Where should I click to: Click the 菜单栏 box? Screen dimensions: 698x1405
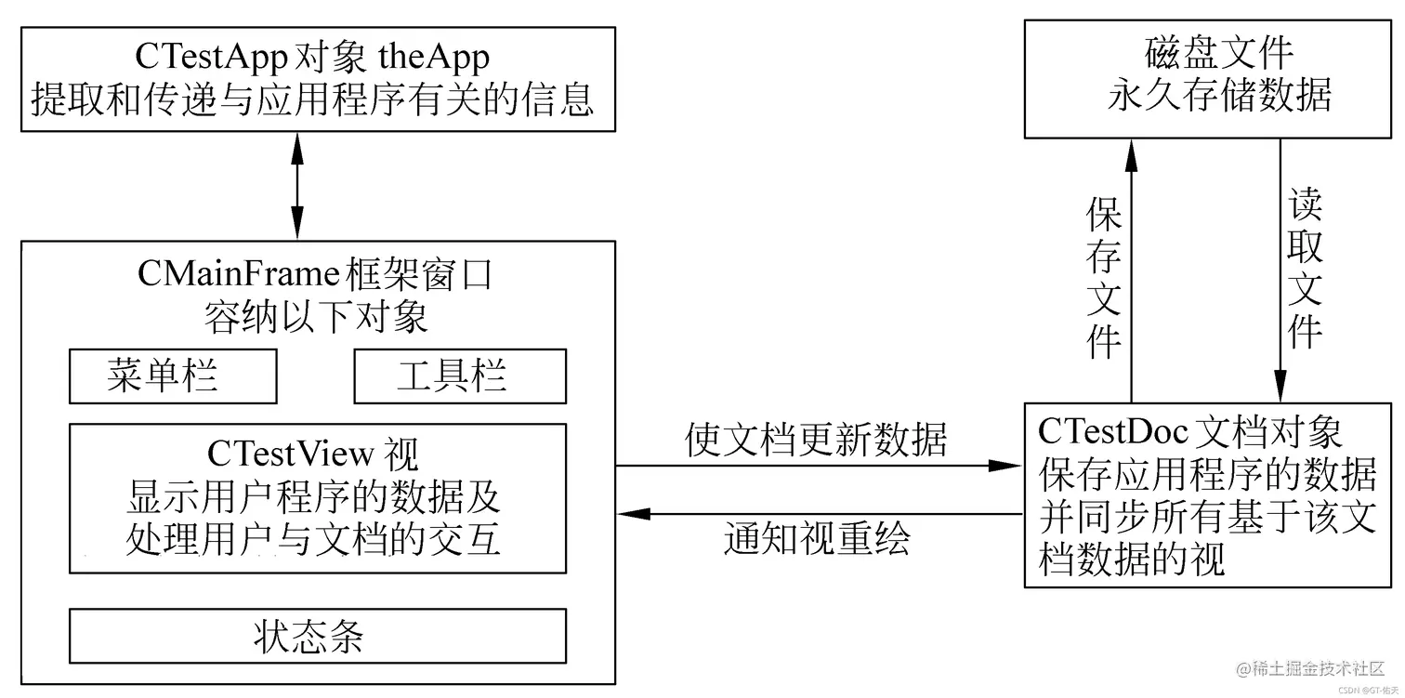pos(173,376)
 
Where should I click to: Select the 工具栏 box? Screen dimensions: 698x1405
pos(460,376)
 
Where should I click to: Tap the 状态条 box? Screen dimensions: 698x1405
pos(317,636)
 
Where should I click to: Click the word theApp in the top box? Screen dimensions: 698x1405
pos(433,58)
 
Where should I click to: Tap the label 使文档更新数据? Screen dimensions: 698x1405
pos(816,440)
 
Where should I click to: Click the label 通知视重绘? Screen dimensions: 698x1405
pos(817,539)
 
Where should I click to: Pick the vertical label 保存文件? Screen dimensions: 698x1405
pos(1104,279)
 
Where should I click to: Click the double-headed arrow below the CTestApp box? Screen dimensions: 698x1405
pos(296,185)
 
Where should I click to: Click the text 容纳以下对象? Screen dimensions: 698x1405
pos(317,318)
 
